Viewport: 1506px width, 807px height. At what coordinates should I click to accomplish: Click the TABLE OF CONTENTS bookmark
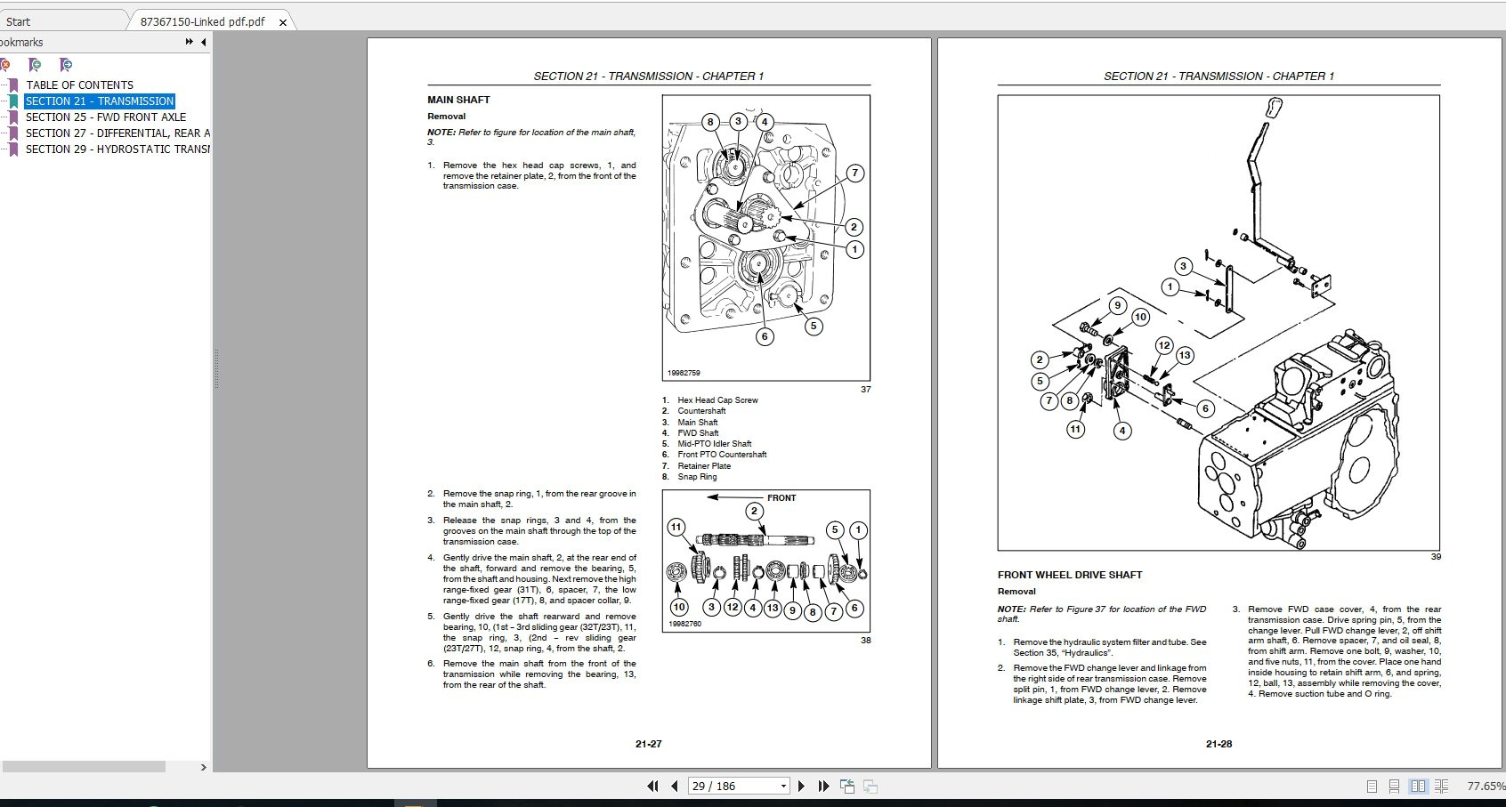[79, 85]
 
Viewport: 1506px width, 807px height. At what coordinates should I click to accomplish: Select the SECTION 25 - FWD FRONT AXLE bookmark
[105, 117]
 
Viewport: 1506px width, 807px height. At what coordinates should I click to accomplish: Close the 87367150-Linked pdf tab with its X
[283, 22]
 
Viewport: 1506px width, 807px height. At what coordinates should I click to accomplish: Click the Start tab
[18, 21]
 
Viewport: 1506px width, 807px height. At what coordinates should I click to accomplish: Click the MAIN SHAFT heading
[458, 100]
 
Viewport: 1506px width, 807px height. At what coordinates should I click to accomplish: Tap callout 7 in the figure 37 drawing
[854, 174]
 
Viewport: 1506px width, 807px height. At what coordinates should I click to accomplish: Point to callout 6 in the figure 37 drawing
[764, 336]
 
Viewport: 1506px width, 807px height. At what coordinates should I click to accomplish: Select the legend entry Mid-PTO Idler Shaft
[714, 444]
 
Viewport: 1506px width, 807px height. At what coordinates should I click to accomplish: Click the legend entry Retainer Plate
[703, 466]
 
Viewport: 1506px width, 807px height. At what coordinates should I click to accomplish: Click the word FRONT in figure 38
[781, 498]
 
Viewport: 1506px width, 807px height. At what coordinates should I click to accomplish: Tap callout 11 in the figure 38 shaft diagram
[676, 527]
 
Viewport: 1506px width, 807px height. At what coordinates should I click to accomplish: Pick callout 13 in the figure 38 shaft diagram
[772, 609]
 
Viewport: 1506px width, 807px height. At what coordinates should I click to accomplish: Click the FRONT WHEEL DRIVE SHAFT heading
[1070, 575]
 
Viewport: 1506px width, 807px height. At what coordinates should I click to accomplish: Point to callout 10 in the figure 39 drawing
[1140, 317]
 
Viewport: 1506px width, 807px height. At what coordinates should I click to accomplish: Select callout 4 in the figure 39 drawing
[1122, 431]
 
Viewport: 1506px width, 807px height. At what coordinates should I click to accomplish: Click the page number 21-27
[648, 744]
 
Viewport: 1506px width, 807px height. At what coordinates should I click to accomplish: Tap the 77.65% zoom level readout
[1485, 787]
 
